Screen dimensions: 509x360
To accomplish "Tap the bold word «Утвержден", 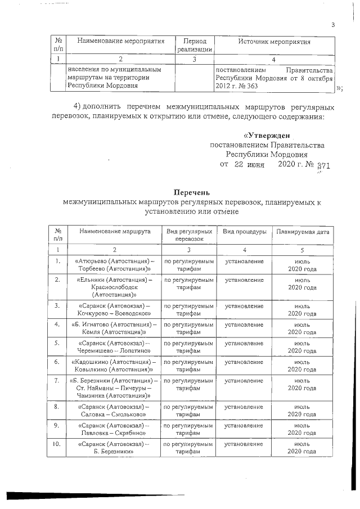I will tap(266, 136).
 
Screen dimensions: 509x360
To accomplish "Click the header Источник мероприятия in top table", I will tap(274, 42).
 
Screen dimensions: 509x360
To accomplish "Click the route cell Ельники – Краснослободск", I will tap(114, 286).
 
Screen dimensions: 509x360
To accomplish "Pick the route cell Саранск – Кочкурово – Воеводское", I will tap(114, 310).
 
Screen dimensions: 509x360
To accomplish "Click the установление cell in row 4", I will tap(244, 325).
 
